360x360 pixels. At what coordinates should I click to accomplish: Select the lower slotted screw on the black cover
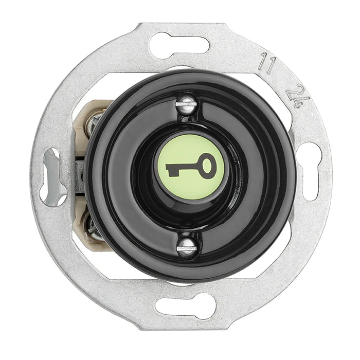187,247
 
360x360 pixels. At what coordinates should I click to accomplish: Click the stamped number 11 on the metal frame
267,63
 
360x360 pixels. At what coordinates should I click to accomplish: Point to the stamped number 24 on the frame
298,98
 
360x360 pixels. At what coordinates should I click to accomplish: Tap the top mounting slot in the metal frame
179,45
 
